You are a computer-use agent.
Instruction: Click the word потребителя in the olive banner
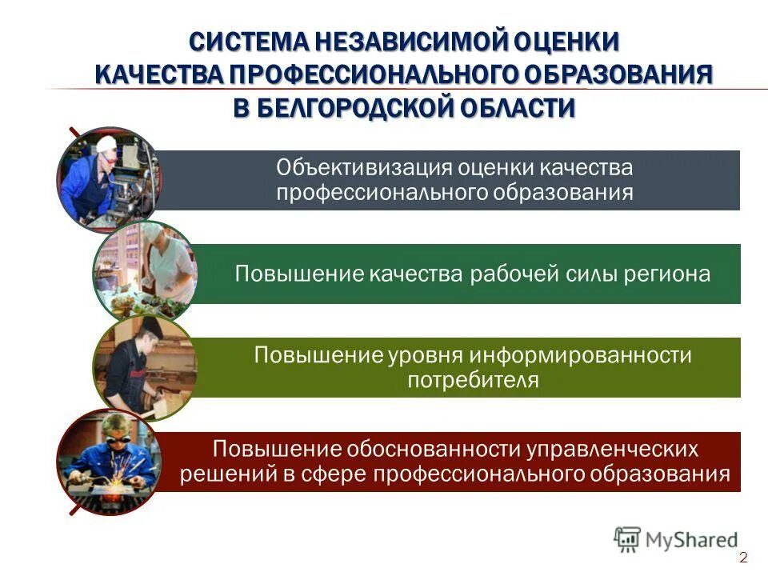coord(473,379)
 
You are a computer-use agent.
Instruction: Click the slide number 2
coord(743,558)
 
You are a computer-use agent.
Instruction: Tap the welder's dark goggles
coord(112,439)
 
